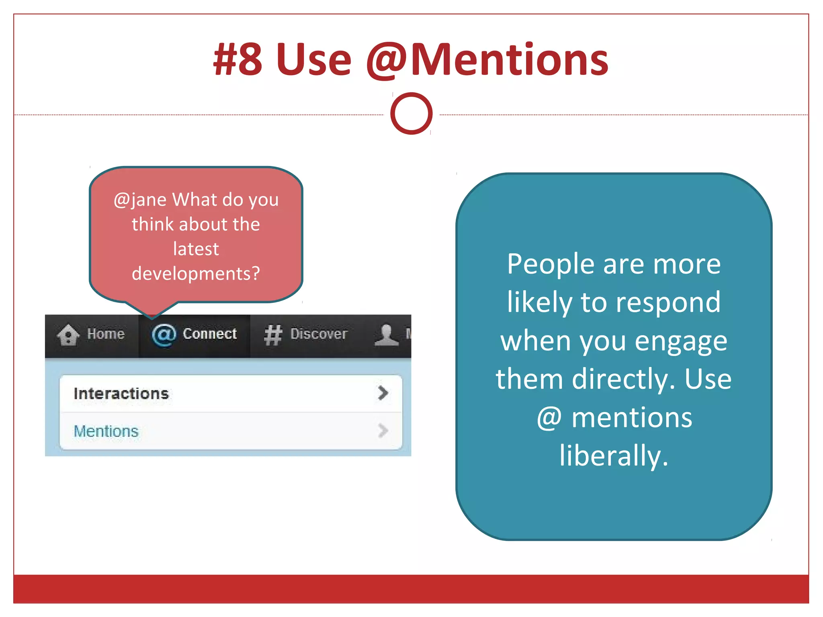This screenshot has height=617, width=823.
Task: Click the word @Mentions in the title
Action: (487, 60)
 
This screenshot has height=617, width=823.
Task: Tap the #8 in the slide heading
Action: (238, 60)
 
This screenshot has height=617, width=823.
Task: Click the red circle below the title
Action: (411, 114)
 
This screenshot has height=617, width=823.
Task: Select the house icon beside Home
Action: (68, 335)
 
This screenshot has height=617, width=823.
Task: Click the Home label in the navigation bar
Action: (106, 334)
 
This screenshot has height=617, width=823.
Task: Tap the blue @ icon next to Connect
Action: (164, 335)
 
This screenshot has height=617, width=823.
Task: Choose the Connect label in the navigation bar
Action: (210, 334)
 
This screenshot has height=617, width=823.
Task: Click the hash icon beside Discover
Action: (273, 335)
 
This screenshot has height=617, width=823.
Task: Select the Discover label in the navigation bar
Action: (319, 334)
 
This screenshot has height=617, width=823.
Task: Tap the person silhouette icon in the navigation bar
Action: (386, 335)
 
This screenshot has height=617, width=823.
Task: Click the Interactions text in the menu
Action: (121, 394)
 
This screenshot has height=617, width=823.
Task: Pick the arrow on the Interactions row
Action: (383, 393)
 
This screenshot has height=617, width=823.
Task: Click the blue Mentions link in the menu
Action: (106, 431)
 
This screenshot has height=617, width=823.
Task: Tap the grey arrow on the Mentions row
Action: (383, 431)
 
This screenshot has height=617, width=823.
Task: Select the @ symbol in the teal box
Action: (549, 418)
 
